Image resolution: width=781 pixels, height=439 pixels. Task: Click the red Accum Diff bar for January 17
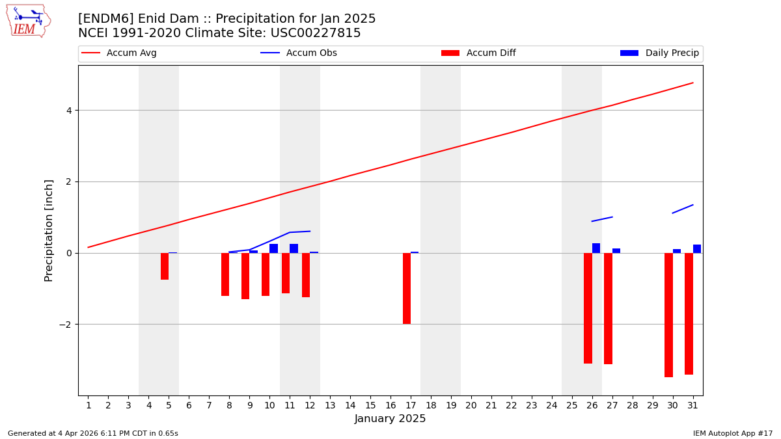click(407, 288)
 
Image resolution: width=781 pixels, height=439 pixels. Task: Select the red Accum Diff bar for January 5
click(165, 266)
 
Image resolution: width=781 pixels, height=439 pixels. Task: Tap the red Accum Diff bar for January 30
click(668, 315)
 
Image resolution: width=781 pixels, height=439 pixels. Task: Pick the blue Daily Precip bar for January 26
click(596, 248)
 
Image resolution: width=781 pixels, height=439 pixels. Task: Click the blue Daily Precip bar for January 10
click(273, 248)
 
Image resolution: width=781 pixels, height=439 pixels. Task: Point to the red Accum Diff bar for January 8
click(225, 274)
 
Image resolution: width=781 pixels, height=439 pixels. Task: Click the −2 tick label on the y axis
click(66, 325)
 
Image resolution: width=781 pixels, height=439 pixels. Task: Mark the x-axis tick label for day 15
click(370, 406)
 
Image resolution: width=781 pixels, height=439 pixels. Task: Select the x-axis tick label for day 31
click(693, 406)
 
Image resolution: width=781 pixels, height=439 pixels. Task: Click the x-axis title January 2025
click(390, 419)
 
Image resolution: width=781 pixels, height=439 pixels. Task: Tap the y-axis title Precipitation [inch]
click(49, 230)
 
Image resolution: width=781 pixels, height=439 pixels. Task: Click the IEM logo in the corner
click(28, 21)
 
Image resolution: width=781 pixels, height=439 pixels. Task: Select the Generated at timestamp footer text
click(93, 433)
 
